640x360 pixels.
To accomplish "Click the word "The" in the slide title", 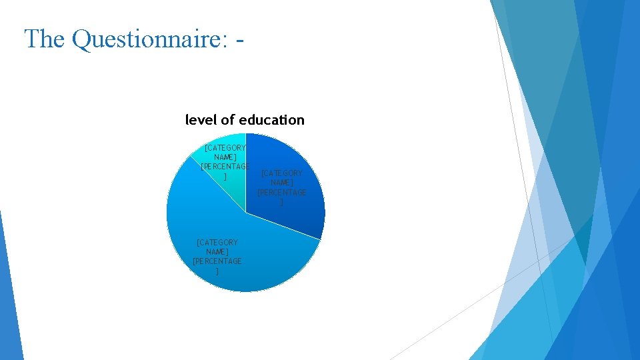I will [x=45, y=39].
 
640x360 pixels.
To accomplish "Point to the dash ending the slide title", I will [x=240, y=40].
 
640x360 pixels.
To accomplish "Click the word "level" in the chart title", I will [x=201, y=120].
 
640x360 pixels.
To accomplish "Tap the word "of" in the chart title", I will [x=227, y=120].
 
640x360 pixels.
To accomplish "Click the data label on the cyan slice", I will [x=225, y=161].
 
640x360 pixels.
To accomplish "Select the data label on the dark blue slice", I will [x=282, y=187].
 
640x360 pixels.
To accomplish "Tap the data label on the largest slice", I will [x=217, y=257].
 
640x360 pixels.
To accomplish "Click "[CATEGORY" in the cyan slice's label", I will [x=225, y=147].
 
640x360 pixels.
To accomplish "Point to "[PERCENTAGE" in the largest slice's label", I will [x=217, y=261].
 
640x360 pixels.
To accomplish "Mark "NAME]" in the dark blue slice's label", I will [x=282, y=183].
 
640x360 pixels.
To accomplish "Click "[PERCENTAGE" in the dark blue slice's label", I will [x=282, y=193].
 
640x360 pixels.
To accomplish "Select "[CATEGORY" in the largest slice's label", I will [x=217, y=243].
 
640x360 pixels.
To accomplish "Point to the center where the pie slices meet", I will [x=246, y=213].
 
